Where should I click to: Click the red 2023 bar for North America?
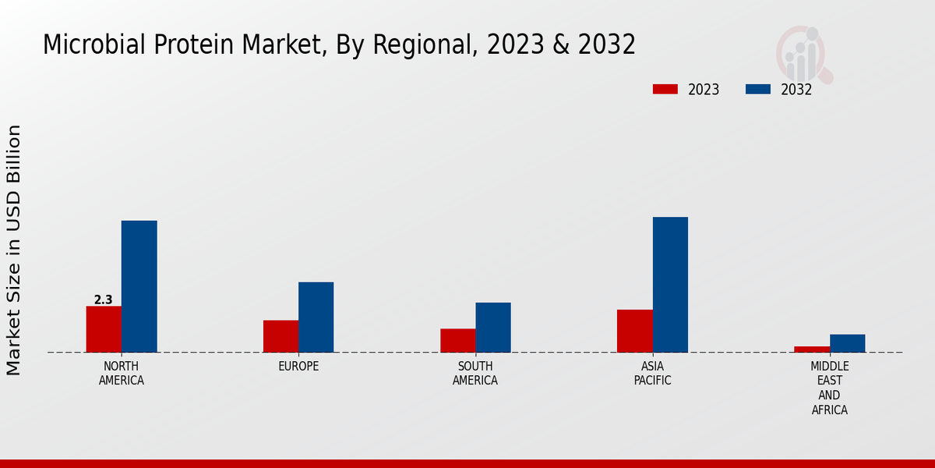pyautogui.click(x=104, y=329)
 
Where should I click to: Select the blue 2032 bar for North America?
pyautogui.click(x=139, y=286)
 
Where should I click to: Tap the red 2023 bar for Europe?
pyautogui.click(x=280, y=336)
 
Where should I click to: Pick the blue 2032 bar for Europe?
pyautogui.click(x=316, y=317)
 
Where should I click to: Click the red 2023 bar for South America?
pyautogui.click(x=457, y=340)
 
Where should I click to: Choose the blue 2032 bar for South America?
pyautogui.click(x=493, y=328)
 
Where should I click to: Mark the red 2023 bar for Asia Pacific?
pyautogui.click(x=634, y=331)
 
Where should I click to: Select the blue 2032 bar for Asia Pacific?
pyautogui.click(x=670, y=285)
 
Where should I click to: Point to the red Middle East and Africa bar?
pyautogui.click(x=812, y=349)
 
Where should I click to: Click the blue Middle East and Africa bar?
pyautogui.click(x=847, y=343)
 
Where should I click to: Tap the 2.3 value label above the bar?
pyautogui.click(x=103, y=300)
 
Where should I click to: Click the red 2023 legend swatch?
pyautogui.click(x=665, y=89)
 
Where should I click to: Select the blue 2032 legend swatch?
pyautogui.click(x=757, y=89)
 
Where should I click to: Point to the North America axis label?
pyautogui.click(x=122, y=374)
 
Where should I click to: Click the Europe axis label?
pyautogui.click(x=298, y=367)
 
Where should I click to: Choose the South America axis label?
pyautogui.click(x=475, y=374)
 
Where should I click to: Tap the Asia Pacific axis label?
pyautogui.click(x=652, y=374)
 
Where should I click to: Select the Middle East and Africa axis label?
pyautogui.click(x=829, y=388)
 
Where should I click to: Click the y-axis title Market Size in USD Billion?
pyautogui.click(x=14, y=250)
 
